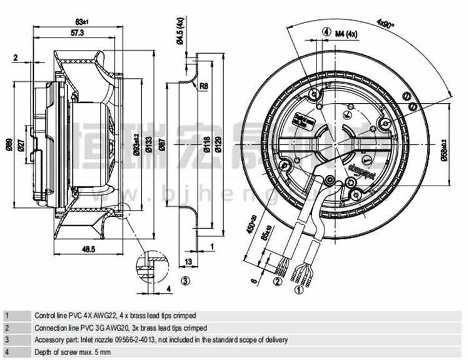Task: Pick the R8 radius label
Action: [204, 86]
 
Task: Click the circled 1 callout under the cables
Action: [299, 290]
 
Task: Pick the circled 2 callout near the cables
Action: [277, 281]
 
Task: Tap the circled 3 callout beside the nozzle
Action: [185, 281]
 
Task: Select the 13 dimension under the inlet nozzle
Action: [188, 261]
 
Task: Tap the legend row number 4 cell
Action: [7, 352]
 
